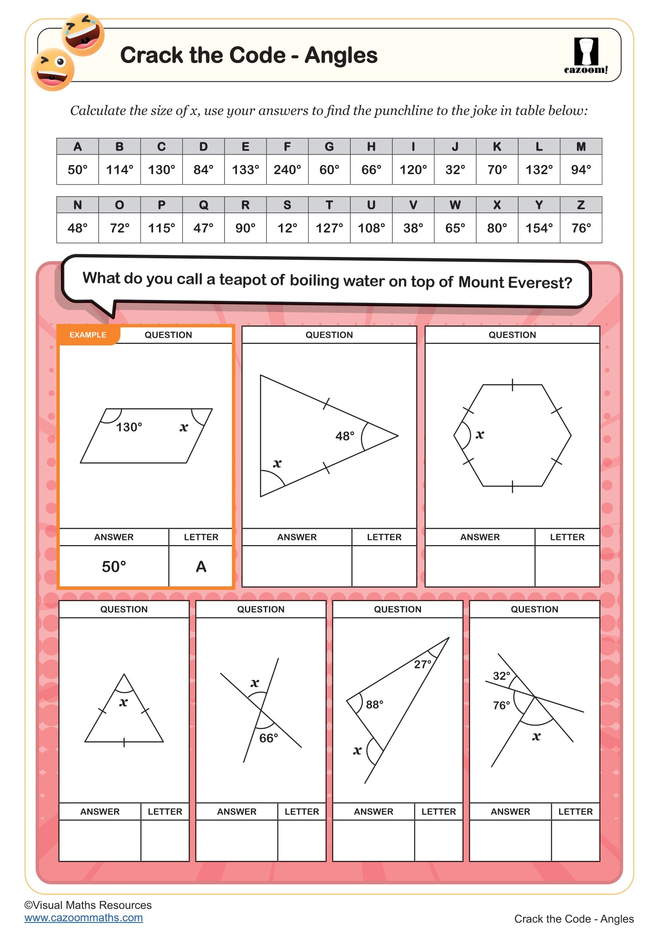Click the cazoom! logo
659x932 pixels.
tap(586, 56)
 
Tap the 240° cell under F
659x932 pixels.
tap(287, 169)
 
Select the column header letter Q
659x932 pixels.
tap(203, 205)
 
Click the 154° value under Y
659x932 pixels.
tap(539, 228)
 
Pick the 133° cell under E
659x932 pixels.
tap(245, 169)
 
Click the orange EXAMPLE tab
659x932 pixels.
tap(88, 335)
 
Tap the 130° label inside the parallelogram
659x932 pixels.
tap(129, 427)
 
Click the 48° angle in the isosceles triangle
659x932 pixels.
tap(345, 436)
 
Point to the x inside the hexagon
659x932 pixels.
tap(480, 435)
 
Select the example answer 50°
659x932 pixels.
tap(114, 566)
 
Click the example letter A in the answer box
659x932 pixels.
tap(201, 566)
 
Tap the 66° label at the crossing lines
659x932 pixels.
tap(268, 738)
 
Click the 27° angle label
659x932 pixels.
tap(422, 665)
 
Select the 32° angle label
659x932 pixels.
tap(501, 676)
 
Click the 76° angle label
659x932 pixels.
tap(501, 705)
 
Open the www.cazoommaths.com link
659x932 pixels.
tap(84, 917)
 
